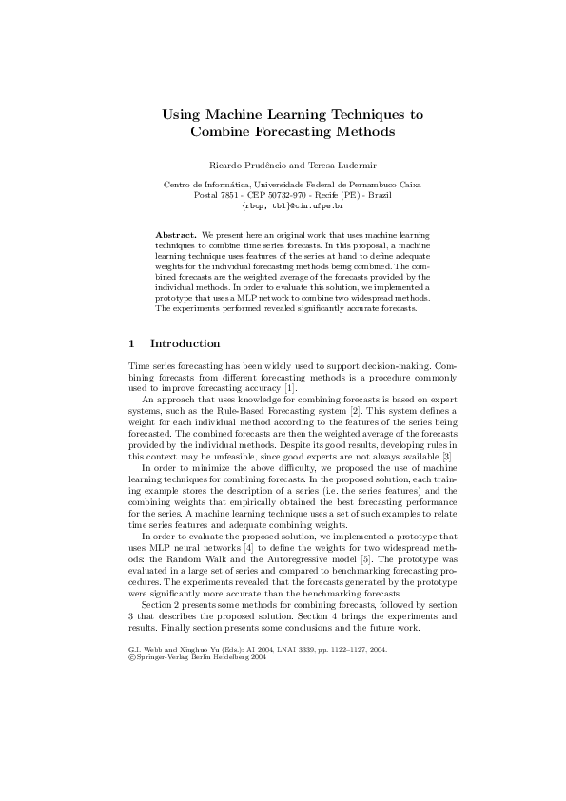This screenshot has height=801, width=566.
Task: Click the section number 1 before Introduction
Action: (130, 342)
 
